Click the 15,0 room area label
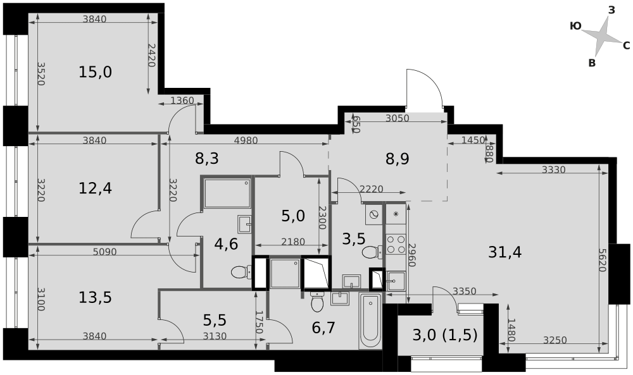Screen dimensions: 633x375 [96, 73]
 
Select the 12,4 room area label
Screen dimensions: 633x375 [96, 188]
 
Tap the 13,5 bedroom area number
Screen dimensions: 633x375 [96, 298]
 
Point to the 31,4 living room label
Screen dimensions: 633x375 [505, 252]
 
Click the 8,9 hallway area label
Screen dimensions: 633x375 [398, 159]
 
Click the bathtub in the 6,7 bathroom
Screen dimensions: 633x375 [370, 321]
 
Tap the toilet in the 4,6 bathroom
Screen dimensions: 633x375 [241, 272]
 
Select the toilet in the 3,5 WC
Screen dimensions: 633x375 [372, 252]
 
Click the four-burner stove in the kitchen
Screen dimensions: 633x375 [396, 244]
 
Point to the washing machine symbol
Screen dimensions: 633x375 [374, 214]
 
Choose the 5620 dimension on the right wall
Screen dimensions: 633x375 [602, 260]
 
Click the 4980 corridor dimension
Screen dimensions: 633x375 [246, 140]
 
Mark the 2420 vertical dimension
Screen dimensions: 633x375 [151, 55]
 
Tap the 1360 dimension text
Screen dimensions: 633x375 [182, 100]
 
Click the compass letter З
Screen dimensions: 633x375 [611, 11]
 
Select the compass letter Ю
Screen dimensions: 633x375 [575, 26]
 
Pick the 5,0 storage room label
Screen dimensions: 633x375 [293, 216]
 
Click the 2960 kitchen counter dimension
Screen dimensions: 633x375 [412, 255]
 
